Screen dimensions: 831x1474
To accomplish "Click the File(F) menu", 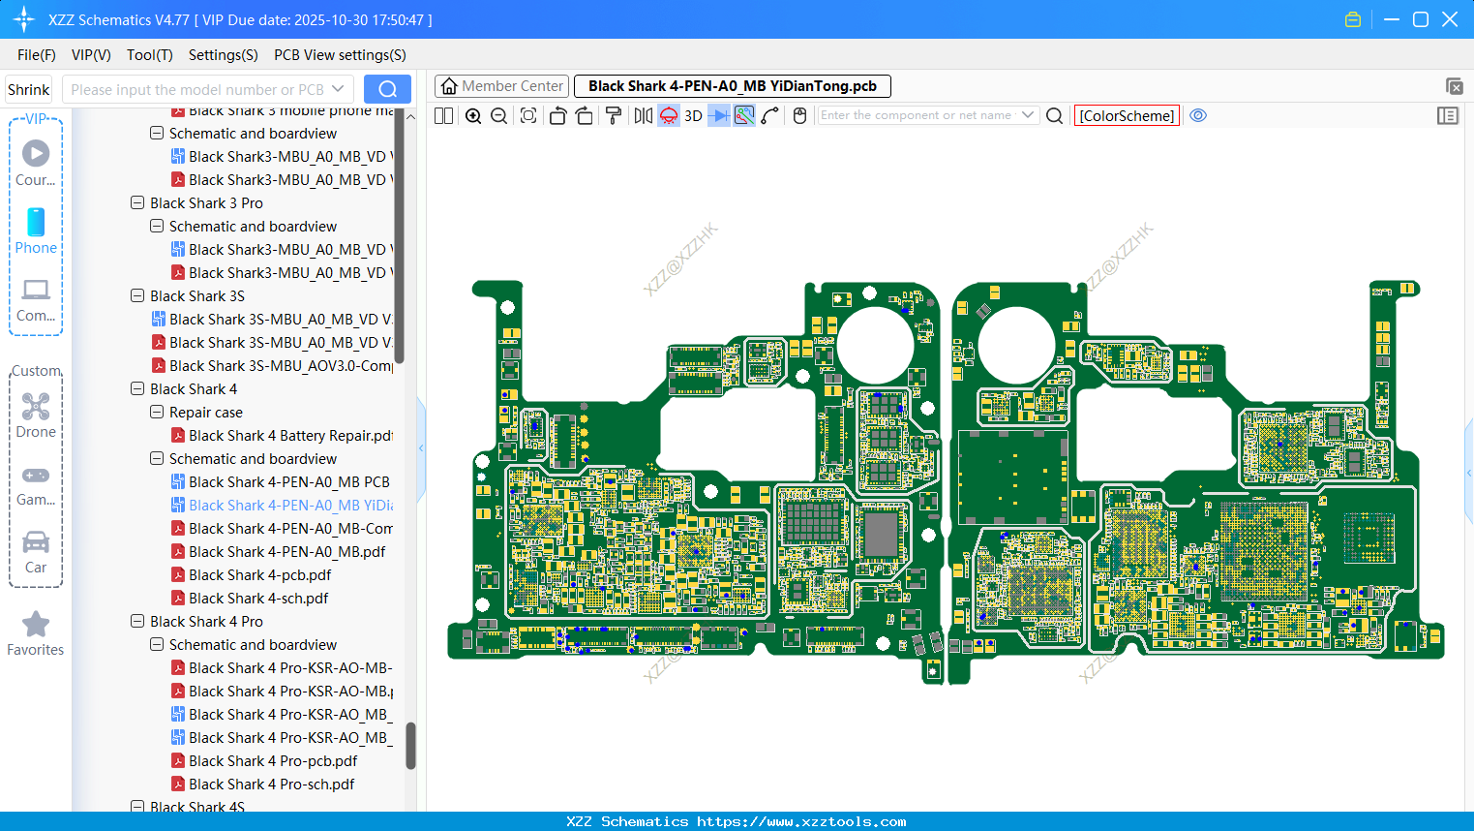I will [36, 55].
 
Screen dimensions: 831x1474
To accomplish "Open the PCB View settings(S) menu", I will [340, 55].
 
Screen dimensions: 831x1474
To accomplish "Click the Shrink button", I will [28, 90].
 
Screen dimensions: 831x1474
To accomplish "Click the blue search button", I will [387, 89].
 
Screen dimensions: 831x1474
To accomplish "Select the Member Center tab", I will [501, 86].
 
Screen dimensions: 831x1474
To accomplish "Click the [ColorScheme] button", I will [1127, 115].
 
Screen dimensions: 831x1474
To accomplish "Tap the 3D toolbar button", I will [693, 115].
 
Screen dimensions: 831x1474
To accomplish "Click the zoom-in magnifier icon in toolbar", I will [473, 115].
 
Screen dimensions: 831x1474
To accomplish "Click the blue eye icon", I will [1198, 115].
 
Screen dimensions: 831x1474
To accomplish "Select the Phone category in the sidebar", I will [36, 231].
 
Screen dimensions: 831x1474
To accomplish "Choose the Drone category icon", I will [36, 415].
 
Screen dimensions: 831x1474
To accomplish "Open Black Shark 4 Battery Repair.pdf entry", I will [290, 436].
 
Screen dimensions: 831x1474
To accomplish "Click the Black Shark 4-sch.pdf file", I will [258, 599].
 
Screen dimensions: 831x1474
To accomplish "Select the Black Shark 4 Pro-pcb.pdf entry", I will [272, 761].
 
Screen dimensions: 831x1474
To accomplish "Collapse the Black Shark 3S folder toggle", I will [137, 296].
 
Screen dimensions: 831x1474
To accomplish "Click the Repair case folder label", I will [205, 413].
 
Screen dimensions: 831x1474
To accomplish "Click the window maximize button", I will [1420, 19].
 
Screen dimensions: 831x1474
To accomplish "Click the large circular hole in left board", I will [875, 344].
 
